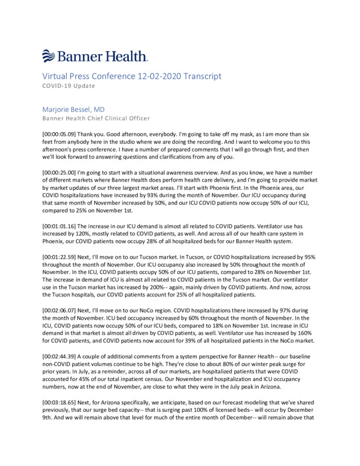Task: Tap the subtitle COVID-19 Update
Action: pyautogui.click(x=69, y=86)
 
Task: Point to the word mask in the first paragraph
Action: pyautogui.click(x=250, y=133)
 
